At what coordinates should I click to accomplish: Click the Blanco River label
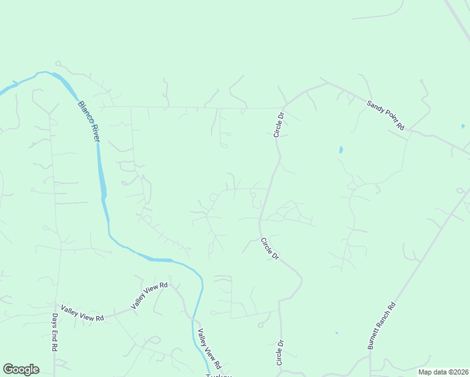click(89, 121)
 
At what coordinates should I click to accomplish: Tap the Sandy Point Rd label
click(386, 114)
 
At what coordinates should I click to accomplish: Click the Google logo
click(21, 369)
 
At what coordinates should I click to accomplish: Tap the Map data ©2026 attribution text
click(443, 372)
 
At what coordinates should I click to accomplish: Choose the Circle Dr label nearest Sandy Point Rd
click(279, 124)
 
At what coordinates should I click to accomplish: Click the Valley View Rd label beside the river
click(209, 349)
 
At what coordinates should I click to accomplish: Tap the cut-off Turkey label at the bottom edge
click(219, 375)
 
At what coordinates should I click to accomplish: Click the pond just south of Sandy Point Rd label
click(341, 150)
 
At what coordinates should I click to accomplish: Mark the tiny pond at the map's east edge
click(462, 126)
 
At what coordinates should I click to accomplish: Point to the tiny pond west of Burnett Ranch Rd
click(337, 332)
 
